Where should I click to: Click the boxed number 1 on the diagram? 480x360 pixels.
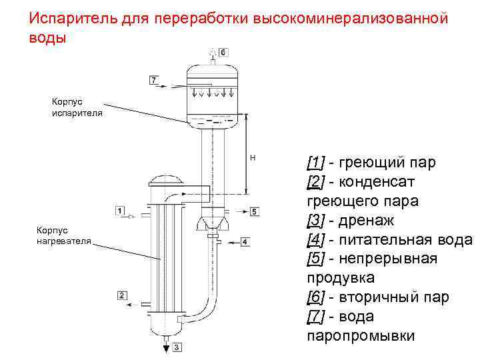[x=120, y=211]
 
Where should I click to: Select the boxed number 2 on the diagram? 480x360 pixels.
[x=122, y=295]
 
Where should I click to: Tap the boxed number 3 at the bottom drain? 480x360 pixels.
[x=176, y=347]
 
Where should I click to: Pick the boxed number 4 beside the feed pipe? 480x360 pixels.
[x=245, y=241]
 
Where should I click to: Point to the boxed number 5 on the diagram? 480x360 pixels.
[x=255, y=212]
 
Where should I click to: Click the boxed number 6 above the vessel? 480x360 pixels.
[x=223, y=52]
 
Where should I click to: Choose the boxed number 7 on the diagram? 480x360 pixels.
[x=154, y=80]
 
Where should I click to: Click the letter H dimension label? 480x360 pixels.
[x=253, y=157]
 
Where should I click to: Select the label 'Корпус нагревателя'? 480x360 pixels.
[x=65, y=235]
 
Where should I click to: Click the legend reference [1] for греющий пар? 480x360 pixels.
[x=315, y=162]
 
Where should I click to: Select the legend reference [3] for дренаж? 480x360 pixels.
[x=315, y=220]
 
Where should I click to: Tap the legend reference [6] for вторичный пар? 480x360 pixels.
[x=315, y=297]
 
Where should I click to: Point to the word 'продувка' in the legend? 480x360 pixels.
[x=341, y=277]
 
